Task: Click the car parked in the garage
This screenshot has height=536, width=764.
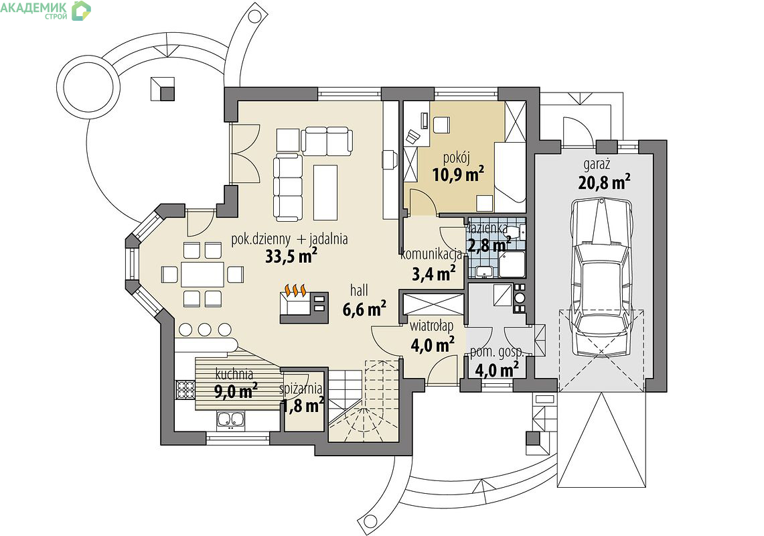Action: point(601,277)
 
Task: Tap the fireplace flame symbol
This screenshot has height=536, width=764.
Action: point(295,291)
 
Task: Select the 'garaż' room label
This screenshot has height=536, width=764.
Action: point(597,164)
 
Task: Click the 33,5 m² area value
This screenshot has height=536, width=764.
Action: point(291,255)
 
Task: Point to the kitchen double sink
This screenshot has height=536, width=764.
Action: point(230,420)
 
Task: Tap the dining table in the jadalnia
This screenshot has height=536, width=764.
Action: point(202,274)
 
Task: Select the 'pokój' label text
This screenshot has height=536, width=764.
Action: point(456,158)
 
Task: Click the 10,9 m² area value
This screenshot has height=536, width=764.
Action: point(458,174)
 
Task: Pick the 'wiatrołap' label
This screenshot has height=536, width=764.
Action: point(431,326)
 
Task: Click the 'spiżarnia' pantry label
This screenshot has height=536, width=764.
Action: point(301,389)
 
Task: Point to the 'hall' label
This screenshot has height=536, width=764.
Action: point(359,291)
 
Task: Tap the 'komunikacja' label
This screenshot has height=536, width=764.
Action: point(431,255)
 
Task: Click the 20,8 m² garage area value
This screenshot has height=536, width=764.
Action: point(605,182)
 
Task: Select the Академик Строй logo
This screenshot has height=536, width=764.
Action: point(46,10)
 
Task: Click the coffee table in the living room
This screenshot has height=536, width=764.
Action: point(325,192)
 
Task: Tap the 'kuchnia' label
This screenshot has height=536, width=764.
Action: point(234,375)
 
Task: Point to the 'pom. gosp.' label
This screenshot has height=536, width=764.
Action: point(497,352)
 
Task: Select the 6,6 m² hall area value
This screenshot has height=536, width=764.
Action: point(364,309)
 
